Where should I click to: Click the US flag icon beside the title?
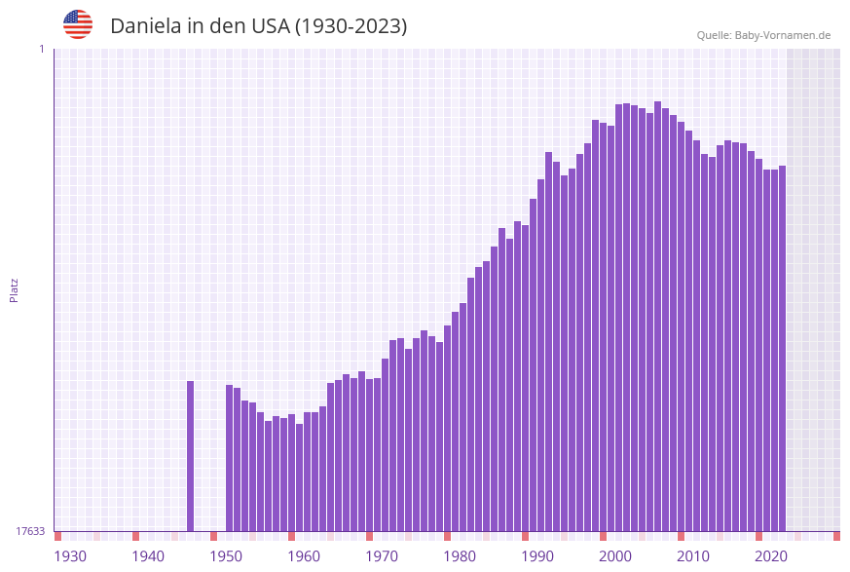[x=78, y=24]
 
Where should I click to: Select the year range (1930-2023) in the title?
[x=351, y=26]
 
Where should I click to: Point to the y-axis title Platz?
[x=14, y=289]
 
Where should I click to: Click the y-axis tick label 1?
[x=41, y=49]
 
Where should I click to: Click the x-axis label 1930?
[x=70, y=556]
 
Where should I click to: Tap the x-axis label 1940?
[x=148, y=556]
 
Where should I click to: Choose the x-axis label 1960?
[x=304, y=556]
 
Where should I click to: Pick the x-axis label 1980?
[x=460, y=556]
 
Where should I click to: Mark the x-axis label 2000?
[x=615, y=556]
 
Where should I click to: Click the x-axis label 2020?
[x=771, y=556]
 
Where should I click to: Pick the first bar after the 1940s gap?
[x=230, y=457]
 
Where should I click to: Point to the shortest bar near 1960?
[x=300, y=477]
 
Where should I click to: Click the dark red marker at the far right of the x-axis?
[x=836, y=536]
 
